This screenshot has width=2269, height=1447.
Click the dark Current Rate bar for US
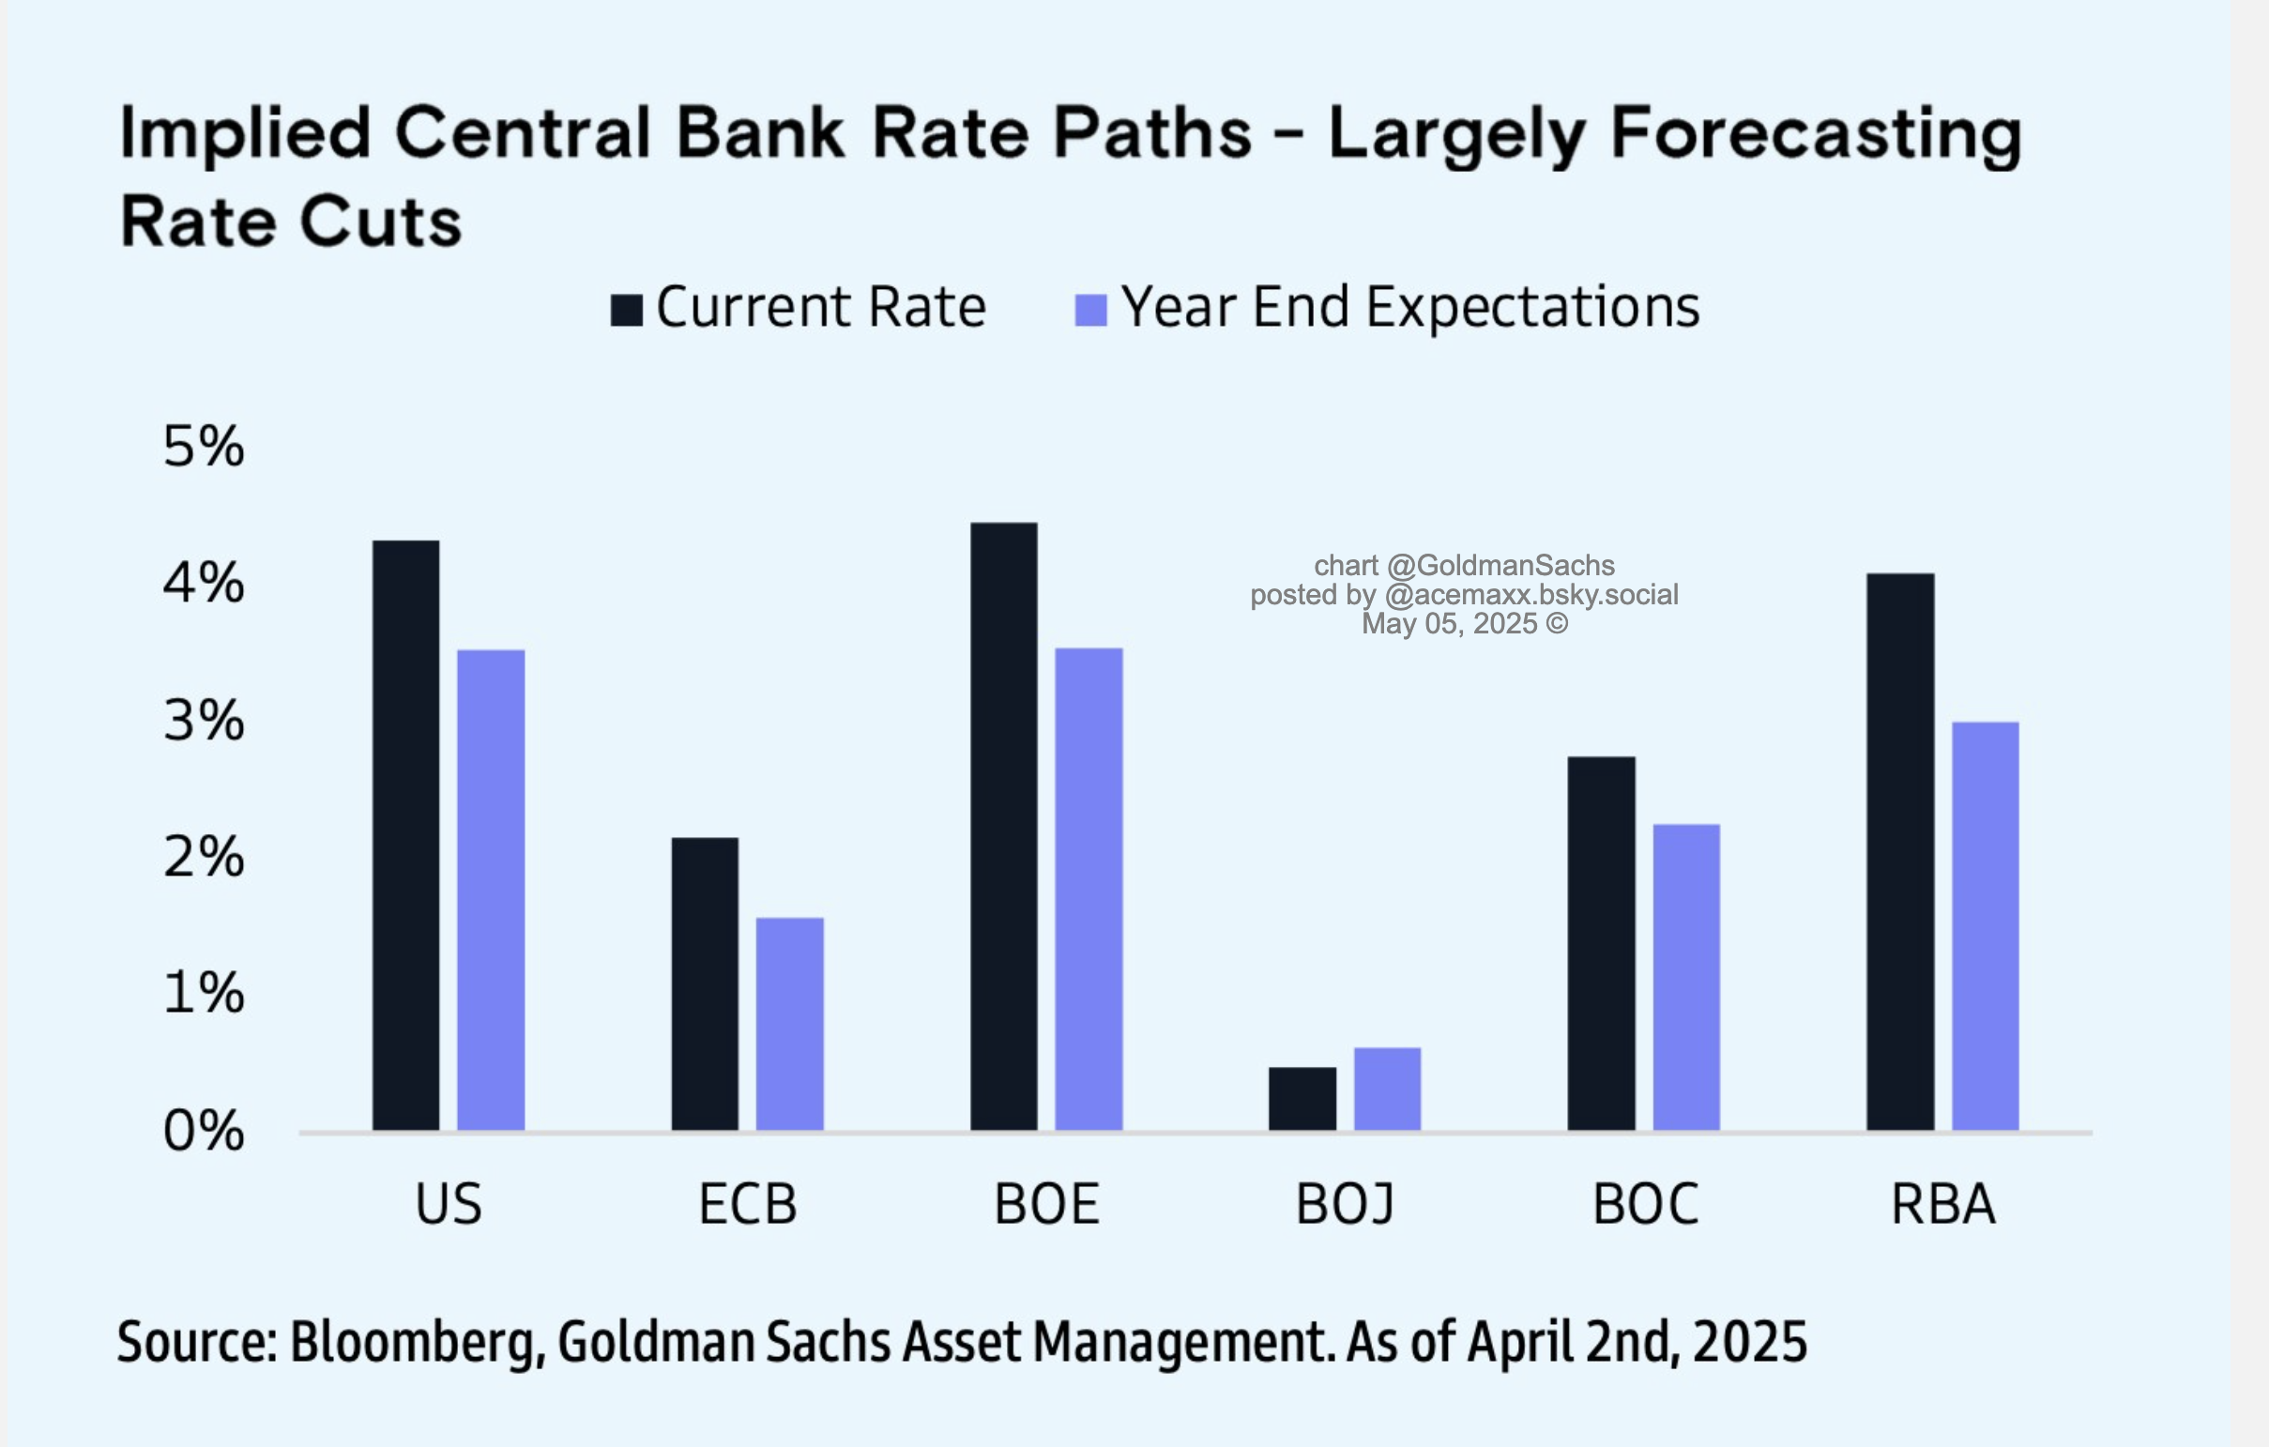(405, 834)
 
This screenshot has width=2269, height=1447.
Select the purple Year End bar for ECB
(789, 1023)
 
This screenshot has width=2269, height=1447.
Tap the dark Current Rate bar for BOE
(1003, 826)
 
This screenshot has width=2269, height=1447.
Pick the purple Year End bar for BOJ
(1387, 1089)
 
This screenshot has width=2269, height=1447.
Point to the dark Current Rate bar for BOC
(1601, 943)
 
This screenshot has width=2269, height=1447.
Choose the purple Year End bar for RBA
(1985, 926)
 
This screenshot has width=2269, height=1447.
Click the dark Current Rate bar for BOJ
(1302, 1099)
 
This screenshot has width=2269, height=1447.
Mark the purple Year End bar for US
(491, 890)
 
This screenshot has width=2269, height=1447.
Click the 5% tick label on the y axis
(204, 446)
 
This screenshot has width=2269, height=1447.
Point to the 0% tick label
(204, 1131)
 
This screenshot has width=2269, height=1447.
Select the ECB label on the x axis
(747, 1204)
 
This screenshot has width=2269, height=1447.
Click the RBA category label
(1943, 1204)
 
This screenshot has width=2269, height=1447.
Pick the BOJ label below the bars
(1345, 1204)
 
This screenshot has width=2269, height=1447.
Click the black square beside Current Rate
(627, 309)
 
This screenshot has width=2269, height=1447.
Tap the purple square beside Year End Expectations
(1090, 309)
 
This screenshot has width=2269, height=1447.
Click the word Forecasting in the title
(1816, 134)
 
